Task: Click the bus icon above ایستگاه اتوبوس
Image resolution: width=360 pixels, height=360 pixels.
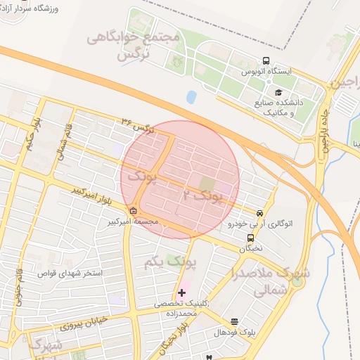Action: coord(266,60)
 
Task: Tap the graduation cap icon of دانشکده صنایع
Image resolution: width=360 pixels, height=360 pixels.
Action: coord(278,92)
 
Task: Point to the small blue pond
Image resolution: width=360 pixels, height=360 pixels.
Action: coord(191,97)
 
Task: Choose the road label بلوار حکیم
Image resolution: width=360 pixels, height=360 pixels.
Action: coord(31,132)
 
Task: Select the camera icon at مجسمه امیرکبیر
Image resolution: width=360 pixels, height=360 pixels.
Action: coord(134,210)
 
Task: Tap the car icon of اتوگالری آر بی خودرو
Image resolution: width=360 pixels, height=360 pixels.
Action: coord(259,213)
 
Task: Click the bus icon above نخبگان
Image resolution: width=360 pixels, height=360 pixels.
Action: coord(251,238)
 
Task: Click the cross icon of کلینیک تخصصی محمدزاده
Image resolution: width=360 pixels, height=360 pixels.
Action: coord(182,292)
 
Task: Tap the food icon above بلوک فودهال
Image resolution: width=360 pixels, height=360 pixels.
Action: coord(234,321)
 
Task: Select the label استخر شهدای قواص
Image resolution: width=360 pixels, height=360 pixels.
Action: coord(70,271)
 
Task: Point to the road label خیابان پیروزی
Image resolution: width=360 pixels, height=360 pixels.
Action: coord(82,322)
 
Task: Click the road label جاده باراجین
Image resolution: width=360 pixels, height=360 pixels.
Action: coord(326,131)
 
